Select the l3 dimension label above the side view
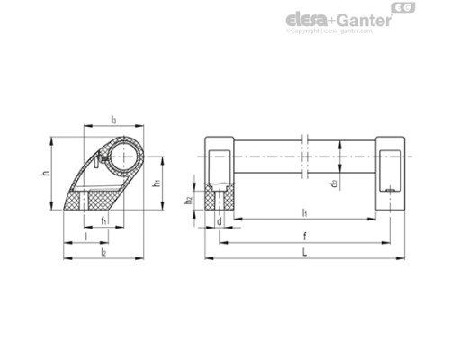point(113,118)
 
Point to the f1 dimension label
point(104,220)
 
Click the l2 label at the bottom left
point(103,253)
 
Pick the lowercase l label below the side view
point(85,236)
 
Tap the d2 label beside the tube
point(334,184)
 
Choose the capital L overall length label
point(305,253)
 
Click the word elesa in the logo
point(310,19)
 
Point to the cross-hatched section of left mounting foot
point(220,198)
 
